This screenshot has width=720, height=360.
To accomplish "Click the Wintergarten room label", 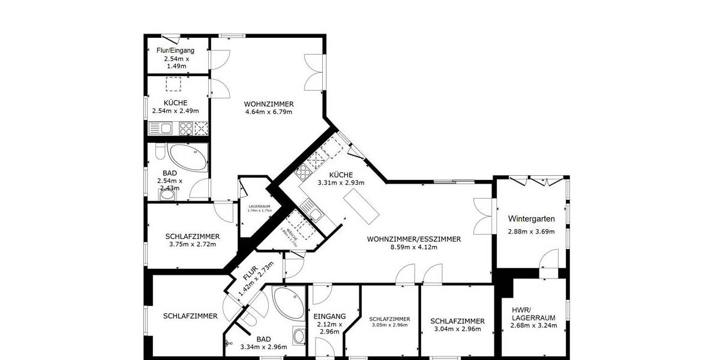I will tap(531, 218).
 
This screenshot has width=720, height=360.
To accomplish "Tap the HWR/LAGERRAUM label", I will tap(533, 314).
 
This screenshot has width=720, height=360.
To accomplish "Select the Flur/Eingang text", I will tap(175, 51).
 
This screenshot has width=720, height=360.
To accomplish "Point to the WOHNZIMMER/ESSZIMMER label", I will tap(414, 239).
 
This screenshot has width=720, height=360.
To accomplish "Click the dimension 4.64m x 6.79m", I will tap(268, 112).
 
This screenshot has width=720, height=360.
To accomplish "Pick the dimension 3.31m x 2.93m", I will tap(341, 182).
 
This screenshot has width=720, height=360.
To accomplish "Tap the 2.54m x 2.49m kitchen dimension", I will tap(178, 111).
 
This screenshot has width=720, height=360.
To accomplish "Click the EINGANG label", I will tap(329, 316).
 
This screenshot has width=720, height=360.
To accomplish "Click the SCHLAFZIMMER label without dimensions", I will tap(190, 316).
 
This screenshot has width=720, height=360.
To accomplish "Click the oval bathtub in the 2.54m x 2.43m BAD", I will tap(188, 158).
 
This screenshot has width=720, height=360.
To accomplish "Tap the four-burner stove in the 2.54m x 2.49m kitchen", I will tap(185, 127).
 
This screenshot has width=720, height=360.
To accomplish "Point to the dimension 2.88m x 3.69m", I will tap(531, 232).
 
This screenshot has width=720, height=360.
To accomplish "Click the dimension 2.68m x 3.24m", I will tap(533, 326).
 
